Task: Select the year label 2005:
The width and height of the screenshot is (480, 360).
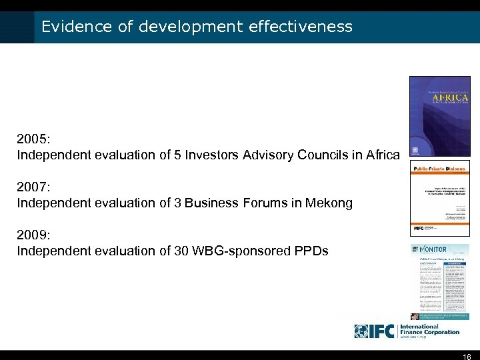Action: coord(34,140)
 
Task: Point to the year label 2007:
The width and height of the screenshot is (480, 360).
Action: coord(34,187)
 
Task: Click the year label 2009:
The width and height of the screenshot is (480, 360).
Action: coord(34,235)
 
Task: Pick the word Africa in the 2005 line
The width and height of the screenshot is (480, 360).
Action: coord(383,155)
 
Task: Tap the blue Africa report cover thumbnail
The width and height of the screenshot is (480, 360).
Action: coord(439,117)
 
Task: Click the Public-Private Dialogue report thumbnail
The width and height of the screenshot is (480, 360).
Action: coord(439,198)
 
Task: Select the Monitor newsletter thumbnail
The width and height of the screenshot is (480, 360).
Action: coord(439,281)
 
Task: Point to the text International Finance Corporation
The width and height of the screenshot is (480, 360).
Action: coord(430,329)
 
